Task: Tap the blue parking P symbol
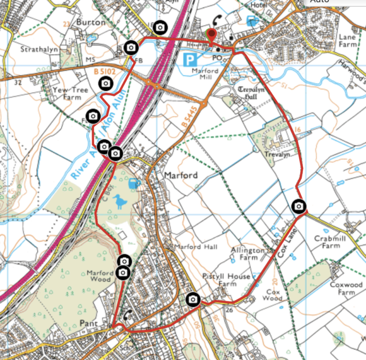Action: click(190, 60)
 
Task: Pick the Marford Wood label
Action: click(100, 277)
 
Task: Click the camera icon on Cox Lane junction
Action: click(298, 206)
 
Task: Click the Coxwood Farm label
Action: click(346, 288)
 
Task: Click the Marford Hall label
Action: click(195, 247)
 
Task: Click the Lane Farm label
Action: click(347, 40)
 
